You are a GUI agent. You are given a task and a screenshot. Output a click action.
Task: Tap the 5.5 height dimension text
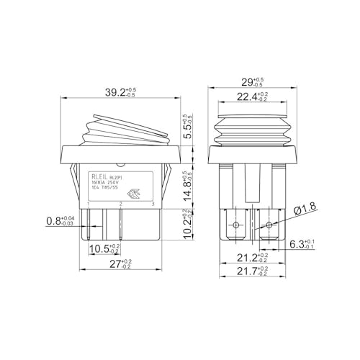pos(186,126)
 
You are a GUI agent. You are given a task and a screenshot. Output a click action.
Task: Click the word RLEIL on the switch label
pos(99,176)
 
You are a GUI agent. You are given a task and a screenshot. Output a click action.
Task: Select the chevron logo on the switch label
pos(134,193)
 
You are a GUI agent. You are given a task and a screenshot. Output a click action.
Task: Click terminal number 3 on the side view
pos(153,205)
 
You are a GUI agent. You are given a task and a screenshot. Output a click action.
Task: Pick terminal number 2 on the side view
pos(120,205)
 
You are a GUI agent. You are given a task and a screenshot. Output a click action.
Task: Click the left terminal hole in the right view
pos(237,225)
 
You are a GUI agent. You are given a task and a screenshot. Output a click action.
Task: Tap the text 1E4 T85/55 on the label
pos(104,189)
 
